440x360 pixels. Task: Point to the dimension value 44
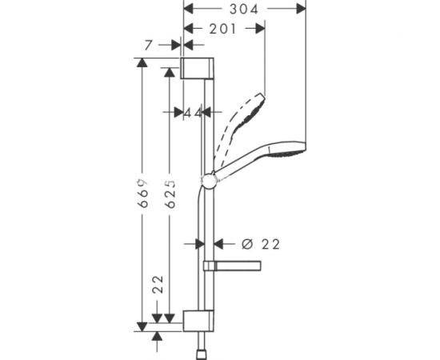coord(193,113)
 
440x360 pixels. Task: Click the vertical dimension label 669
coord(142,194)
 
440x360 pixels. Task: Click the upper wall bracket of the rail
coord(198,69)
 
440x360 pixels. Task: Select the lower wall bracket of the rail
coord(198,319)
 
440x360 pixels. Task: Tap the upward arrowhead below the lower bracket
coord(158,338)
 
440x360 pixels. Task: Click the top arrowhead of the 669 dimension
coord(142,63)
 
